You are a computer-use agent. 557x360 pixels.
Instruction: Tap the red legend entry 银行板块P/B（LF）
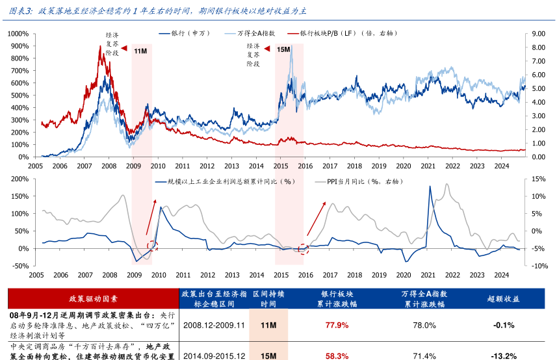[348, 32]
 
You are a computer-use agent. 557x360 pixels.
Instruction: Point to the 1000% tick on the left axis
[19, 33]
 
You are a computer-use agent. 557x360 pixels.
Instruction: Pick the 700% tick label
[21, 70]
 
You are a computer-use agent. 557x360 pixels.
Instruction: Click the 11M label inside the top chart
[140, 51]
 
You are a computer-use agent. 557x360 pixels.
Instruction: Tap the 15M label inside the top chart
[283, 49]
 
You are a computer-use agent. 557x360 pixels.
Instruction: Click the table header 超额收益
[503, 299]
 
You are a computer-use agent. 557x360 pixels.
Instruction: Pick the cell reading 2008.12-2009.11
[214, 325]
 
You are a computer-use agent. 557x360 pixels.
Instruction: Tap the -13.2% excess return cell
[503, 355]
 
